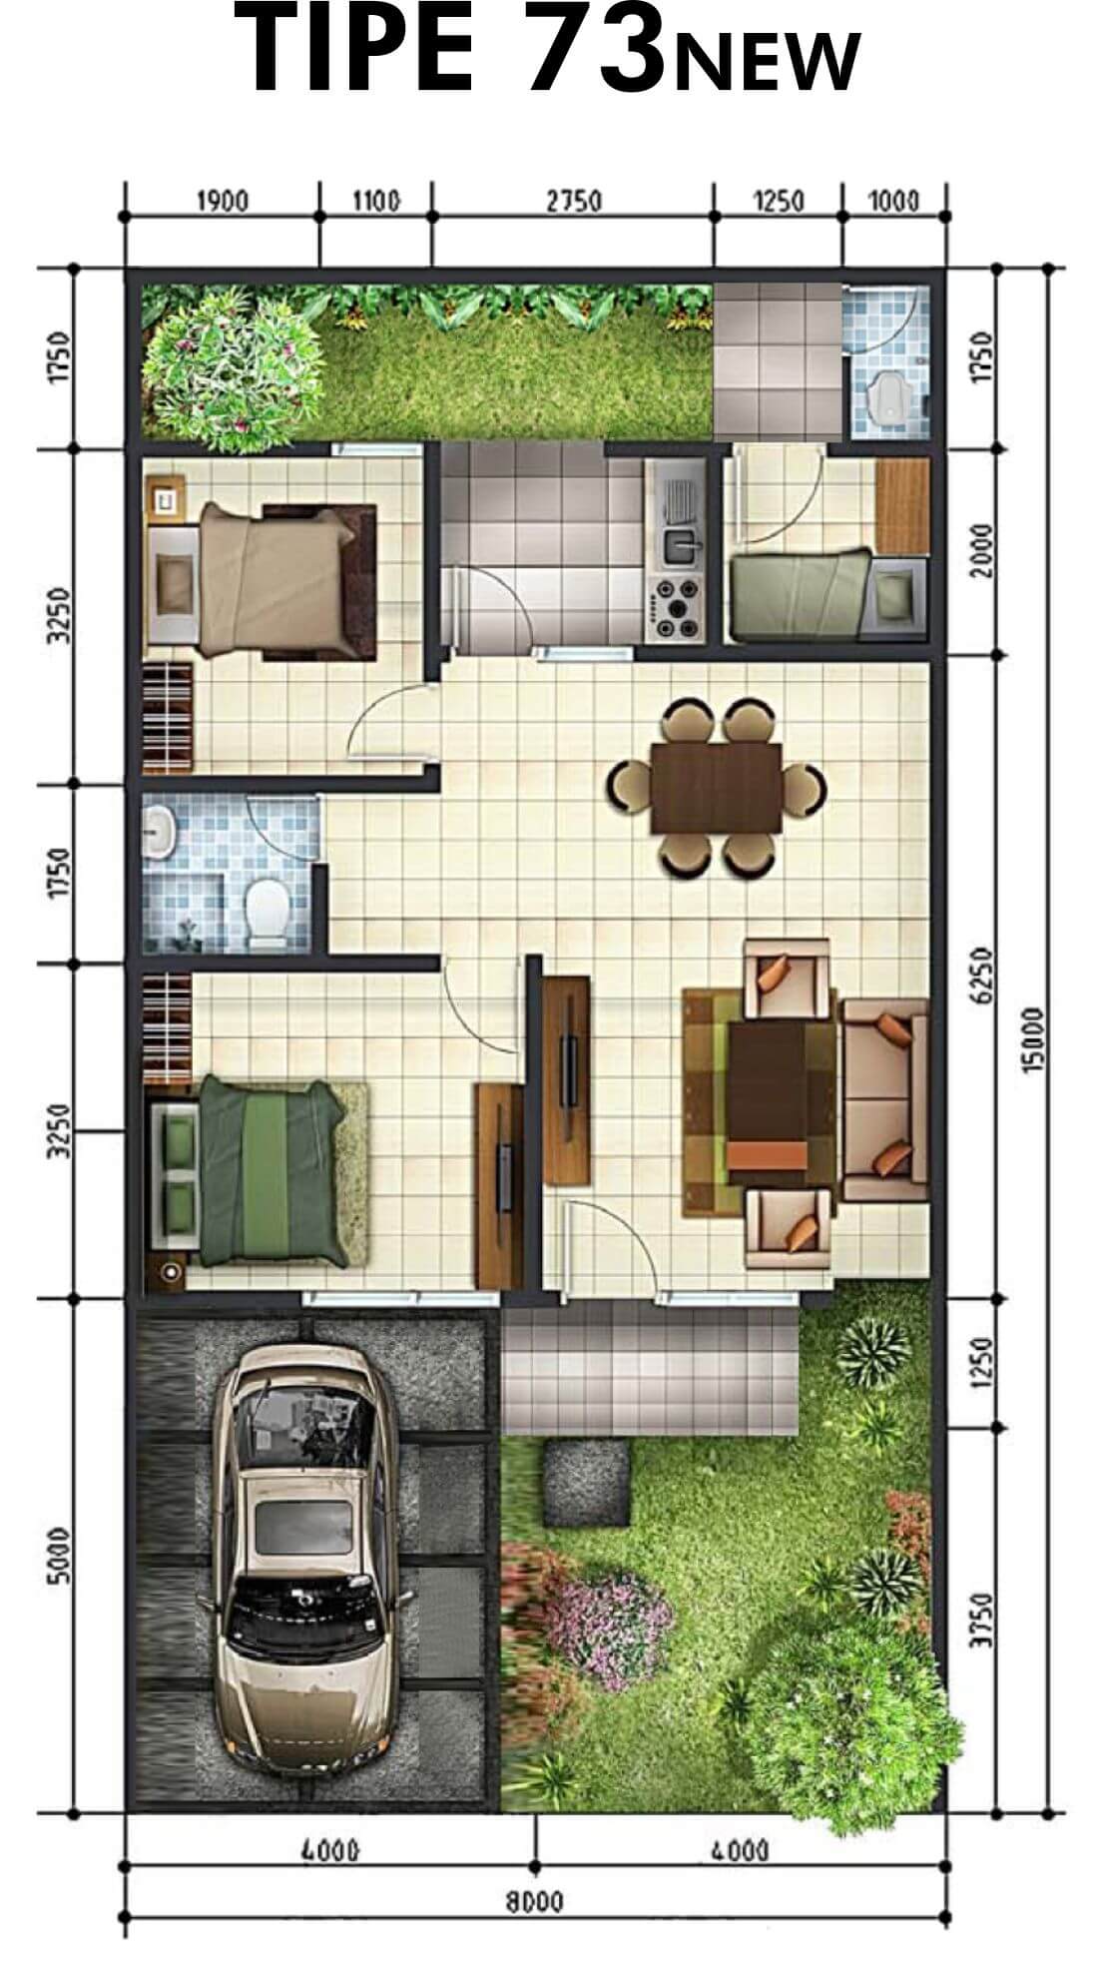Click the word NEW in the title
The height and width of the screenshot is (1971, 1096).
[767, 61]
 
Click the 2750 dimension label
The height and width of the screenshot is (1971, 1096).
[574, 202]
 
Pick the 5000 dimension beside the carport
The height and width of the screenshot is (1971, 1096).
[60, 1554]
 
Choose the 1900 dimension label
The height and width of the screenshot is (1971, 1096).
[222, 202]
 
